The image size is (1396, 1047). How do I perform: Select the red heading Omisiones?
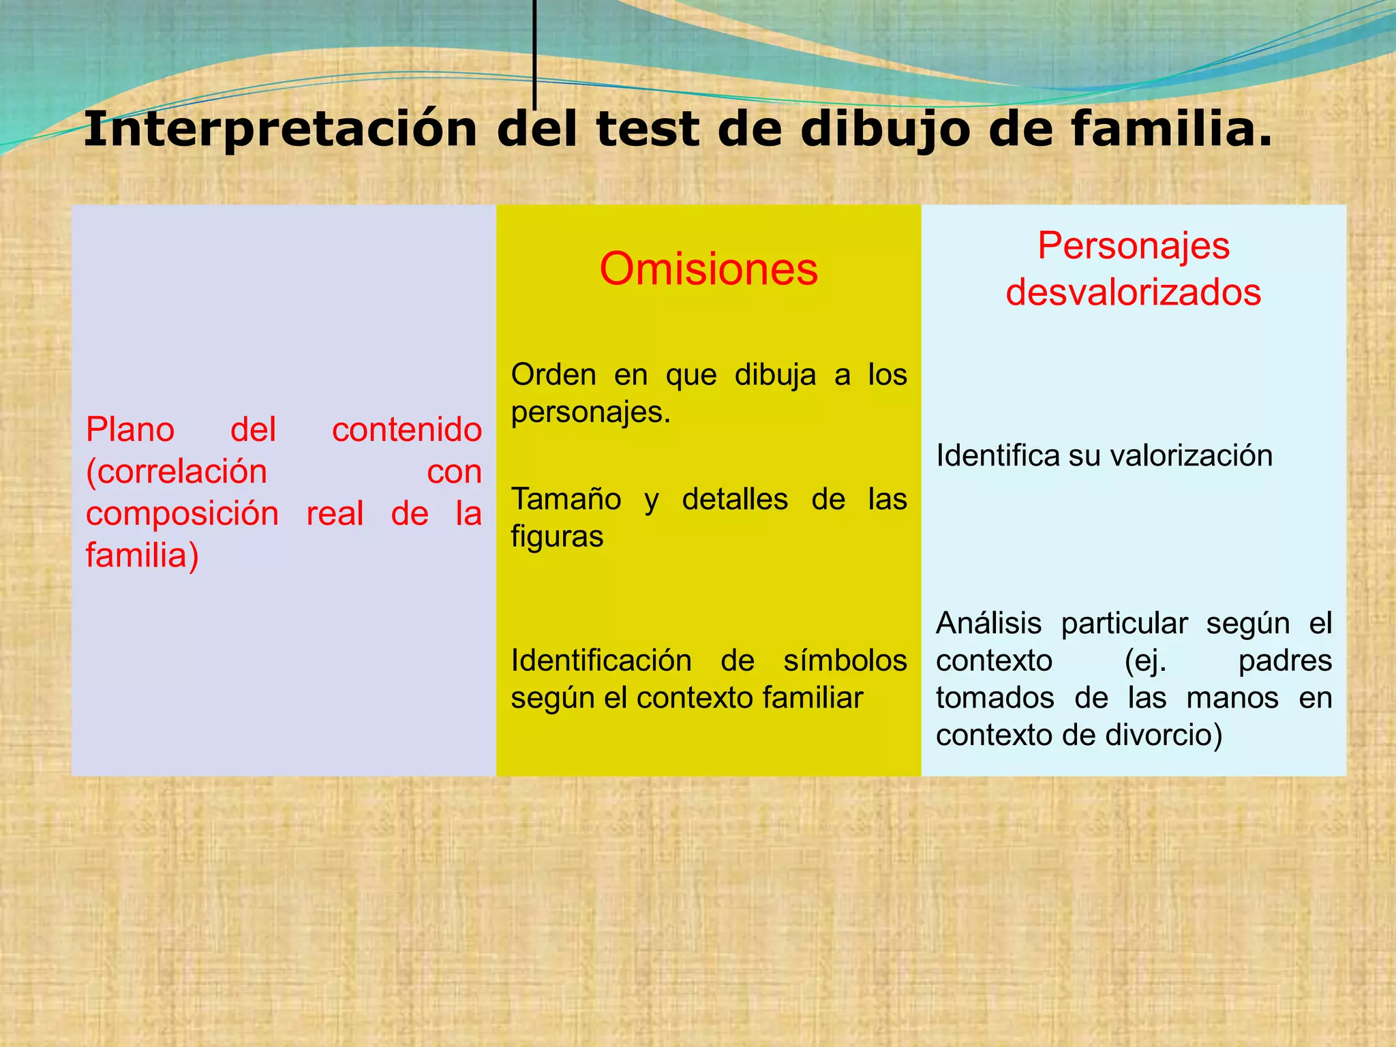pos(708,269)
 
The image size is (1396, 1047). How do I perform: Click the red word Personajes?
pos(1133,245)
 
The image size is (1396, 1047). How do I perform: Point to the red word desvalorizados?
pos(1133,292)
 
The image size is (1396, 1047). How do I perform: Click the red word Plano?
pos(130,430)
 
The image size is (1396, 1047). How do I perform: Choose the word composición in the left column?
pos(182,513)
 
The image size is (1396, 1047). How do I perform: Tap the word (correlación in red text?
pos(177,472)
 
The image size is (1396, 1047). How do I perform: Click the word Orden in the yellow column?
pos(553,375)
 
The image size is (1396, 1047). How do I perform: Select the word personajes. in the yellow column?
pos(590,412)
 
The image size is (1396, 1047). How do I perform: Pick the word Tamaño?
pos(566,499)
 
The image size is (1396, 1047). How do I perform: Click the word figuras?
pos(557,537)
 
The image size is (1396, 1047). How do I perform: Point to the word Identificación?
pos(601,661)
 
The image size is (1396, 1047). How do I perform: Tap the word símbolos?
pos(845,661)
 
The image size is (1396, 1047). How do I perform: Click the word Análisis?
pos(988,623)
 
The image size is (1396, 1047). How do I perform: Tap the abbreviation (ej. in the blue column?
pos(1145,661)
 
